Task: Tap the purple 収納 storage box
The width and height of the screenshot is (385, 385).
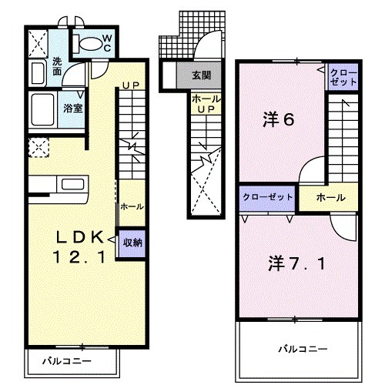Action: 132,243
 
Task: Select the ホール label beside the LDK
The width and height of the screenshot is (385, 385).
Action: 131,207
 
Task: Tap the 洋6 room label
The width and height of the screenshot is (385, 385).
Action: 279,119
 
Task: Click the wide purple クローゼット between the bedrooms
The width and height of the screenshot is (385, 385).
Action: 267,197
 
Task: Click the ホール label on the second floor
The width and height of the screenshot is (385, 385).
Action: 330,198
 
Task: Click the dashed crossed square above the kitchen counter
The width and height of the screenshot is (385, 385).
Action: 36,147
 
